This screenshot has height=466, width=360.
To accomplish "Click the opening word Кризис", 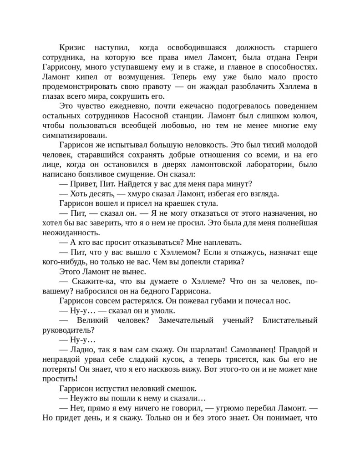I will click(x=75, y=48).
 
